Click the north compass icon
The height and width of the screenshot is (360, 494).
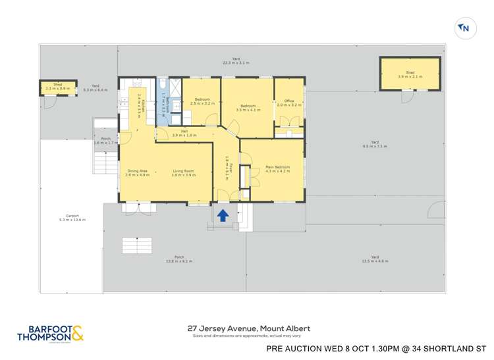pyautogui.click(x=464, y=28)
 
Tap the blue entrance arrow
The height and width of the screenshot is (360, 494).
pyautogui.click(x=223, y=215)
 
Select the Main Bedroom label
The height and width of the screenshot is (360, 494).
pyautogui.click(x=277, y=169)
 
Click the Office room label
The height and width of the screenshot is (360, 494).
pyautogui.click(x=289, y=103)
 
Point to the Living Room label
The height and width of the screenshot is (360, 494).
pyautogui.click(x=184, y=173)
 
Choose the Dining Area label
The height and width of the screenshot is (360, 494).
pyautogui.click(x=138, y=173)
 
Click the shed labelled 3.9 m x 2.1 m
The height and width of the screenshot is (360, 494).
pyautogui.click(x=410, y=74)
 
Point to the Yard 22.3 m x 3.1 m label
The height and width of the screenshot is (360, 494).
pyautogui.click(x=236, y=61)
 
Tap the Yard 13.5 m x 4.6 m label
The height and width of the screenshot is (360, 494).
pyautogui.click(x=374, y=259)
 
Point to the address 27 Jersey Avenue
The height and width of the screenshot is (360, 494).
pyautogui.click(x=248, y=328)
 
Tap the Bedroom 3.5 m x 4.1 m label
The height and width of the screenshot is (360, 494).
pyautogui.click(x=248, y=107)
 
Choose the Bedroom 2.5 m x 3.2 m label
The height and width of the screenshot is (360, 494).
pyautogui.click(x=202, y=101)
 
